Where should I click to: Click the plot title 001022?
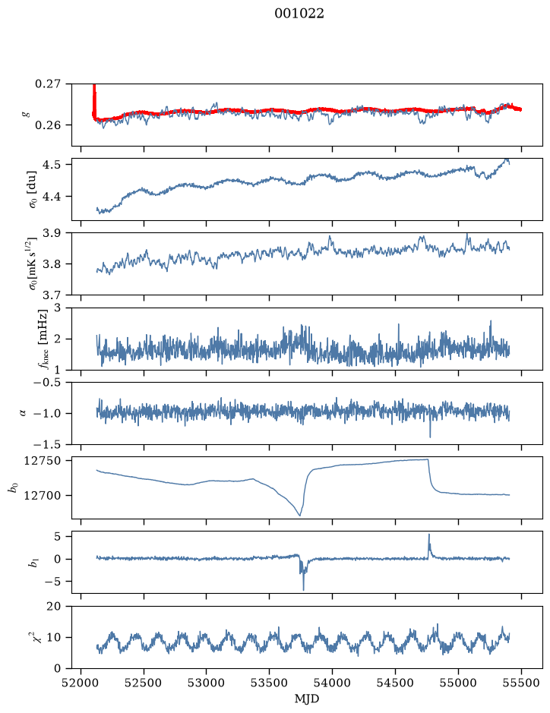click(x=299, y=14)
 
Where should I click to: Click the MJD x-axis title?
click(x=307, y=699)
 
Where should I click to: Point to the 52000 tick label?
click(x=81, y=683)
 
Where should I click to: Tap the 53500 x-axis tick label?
click(x=270, y=683)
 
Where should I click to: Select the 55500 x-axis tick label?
click(x=521, y=683)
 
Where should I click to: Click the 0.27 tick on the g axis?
click(x=48, y=84)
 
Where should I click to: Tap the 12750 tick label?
click(x=42, y=461)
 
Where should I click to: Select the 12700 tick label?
click(x=42, y=495)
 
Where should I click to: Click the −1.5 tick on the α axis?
click(x=47, y=444)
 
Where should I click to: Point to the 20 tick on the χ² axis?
click(x=54, y=606)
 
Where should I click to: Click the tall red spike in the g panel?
click(x=94, y=98)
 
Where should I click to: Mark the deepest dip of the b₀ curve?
click(x=300, y=515)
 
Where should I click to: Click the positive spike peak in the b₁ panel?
click(x=428, y=535)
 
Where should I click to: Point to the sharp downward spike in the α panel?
click(x=430, y=437)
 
